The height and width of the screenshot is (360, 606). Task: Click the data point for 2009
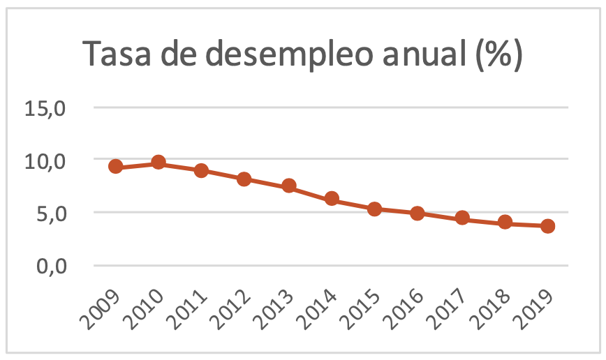[x=116, y=166]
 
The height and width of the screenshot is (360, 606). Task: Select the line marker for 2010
[x=158, y=163]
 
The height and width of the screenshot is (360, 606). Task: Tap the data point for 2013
[x=289, y=186]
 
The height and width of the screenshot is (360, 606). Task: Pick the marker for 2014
[x=332, y=199]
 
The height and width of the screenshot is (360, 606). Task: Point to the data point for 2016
[x=417, y=213]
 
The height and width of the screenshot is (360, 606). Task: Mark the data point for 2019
[x=548, y=226]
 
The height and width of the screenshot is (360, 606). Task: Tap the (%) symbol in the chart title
[x=498, y=55]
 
